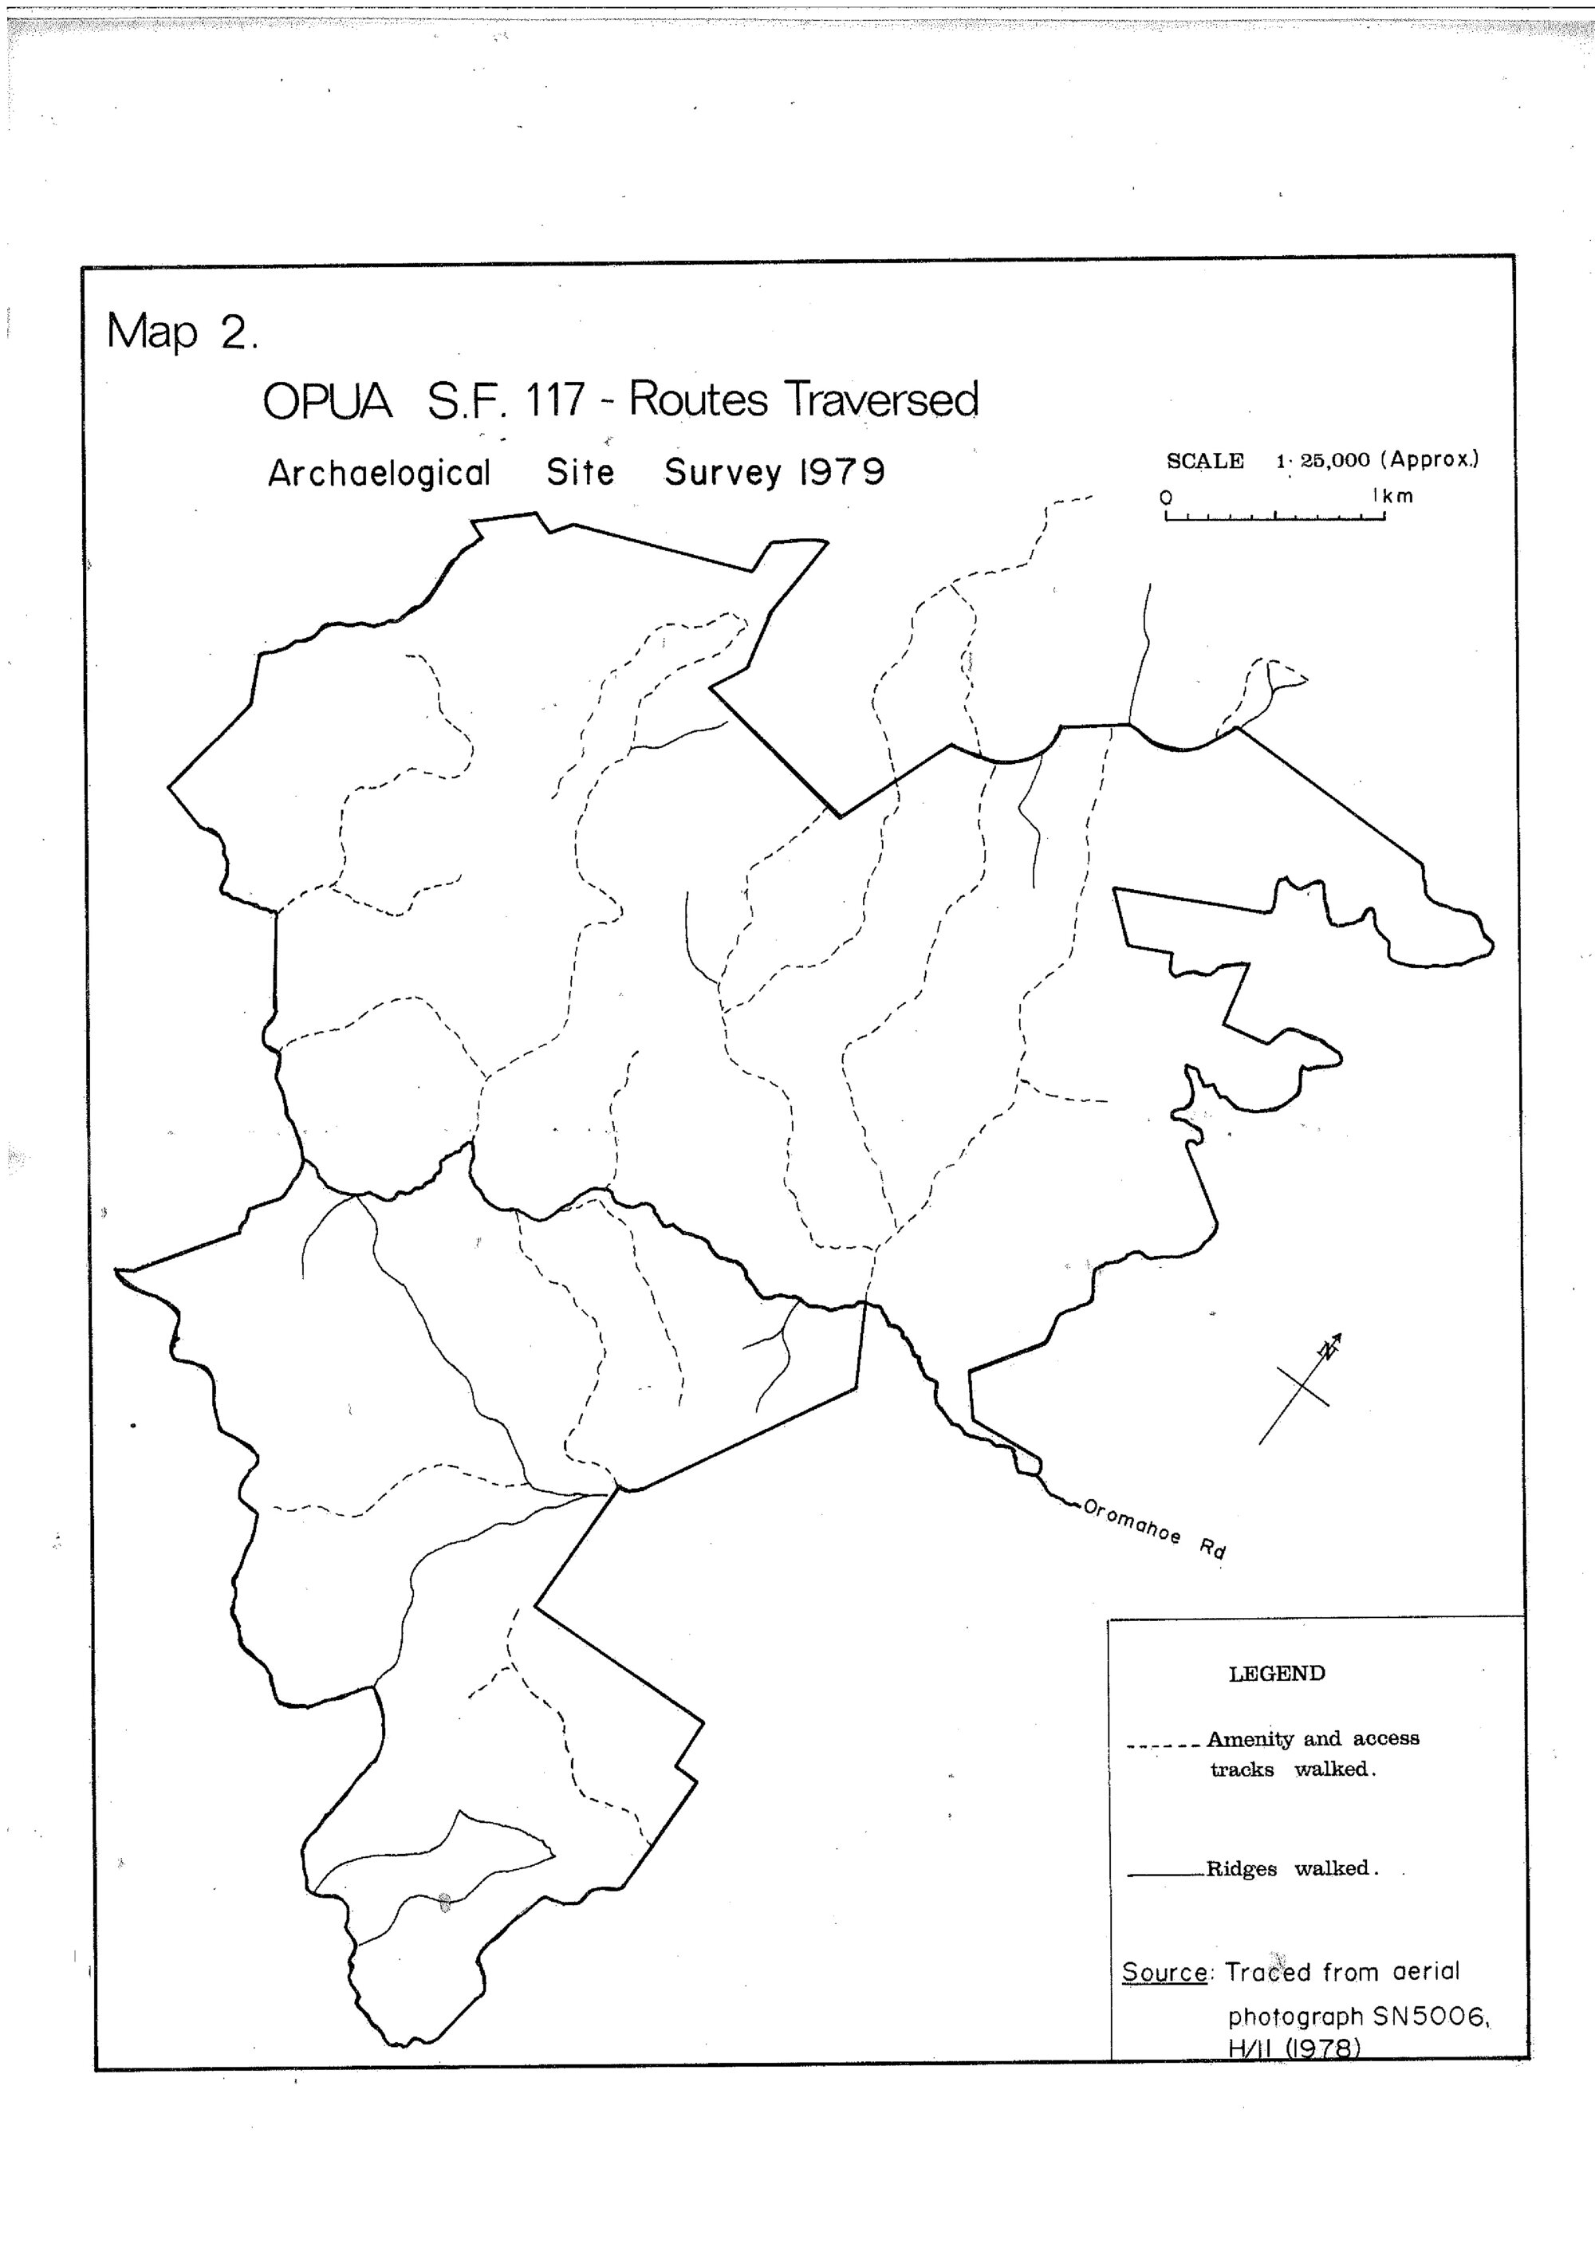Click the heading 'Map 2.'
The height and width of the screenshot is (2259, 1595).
tap(181, 332)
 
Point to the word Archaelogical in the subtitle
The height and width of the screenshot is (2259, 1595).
tap(379, 473)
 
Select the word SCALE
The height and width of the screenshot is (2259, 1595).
tap(1204, 460)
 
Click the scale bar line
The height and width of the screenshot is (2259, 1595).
tap(1274, 518)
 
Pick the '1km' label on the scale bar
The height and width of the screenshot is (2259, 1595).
tap(1393, 496)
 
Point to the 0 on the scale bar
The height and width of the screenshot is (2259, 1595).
tap(1166, 497)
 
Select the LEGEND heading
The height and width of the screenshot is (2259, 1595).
tap(1276, 1674)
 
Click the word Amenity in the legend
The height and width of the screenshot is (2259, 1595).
tap(1250, 1738)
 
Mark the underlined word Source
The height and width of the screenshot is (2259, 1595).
tap(1164, 1972)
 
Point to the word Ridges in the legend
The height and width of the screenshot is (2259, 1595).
tap(1241, 1868)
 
